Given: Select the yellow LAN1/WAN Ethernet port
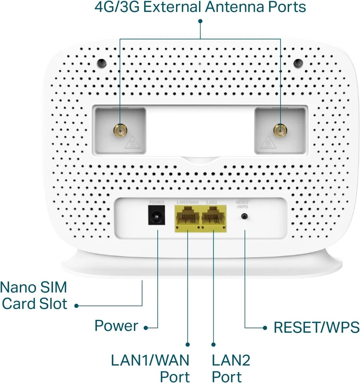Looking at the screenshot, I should coord(187,219).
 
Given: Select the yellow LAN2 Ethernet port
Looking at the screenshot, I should coord(214,219).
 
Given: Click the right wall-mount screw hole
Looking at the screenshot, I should coord(298,63).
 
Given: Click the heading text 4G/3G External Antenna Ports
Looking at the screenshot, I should coord(200,7).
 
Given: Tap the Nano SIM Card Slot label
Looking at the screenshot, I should coord(34,296).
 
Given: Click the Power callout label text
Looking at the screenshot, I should coord(116,326).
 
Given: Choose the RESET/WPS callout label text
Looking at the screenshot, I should coord(316,328).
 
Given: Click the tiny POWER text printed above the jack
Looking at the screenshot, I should coord(156,202).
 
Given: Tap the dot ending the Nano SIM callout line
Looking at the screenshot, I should coord(76,306).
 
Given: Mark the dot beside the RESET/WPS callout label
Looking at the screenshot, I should coord(265,328).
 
